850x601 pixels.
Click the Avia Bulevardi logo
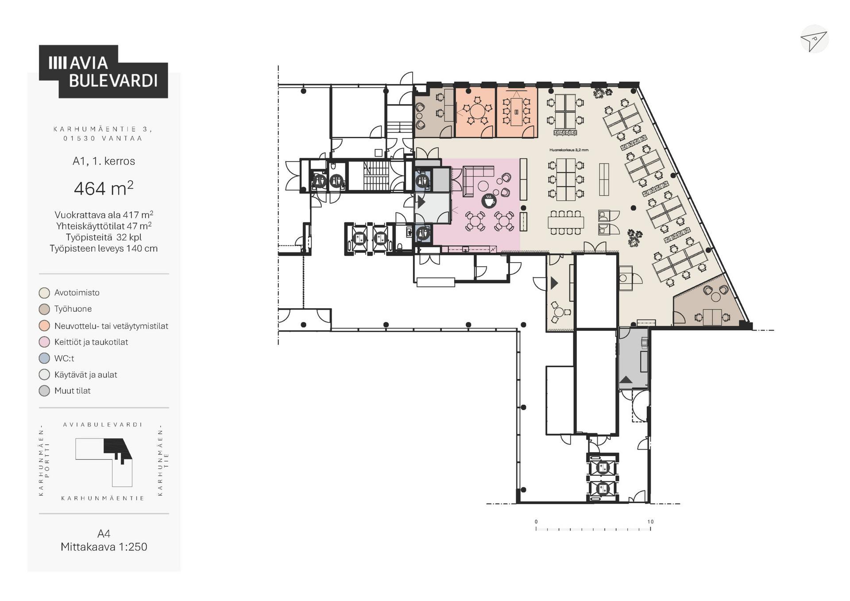tap(103, 71)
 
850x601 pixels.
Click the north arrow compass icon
tap(814, 39)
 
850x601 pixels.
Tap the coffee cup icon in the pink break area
tap(489, 201)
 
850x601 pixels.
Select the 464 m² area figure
tap(104, 188)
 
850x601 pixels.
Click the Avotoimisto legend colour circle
tap(44, 293)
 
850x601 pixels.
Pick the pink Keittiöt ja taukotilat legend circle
tap(44, 342)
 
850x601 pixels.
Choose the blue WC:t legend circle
tap(44, 358)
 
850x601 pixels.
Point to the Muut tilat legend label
tap(73, 391)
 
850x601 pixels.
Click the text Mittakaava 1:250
tap(104, 547)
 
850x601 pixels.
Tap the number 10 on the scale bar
tap(650, 522)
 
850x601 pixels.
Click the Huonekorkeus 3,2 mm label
tap(569, 150)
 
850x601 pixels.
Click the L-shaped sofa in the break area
tap(477, 180)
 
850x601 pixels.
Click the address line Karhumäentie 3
tap(103, 129)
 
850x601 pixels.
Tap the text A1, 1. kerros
tap(104, 161)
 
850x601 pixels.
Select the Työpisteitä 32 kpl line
tap(104, 237)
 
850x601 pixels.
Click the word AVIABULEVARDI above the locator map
tap(103, 424)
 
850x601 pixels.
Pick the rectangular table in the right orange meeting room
tap(517, 112)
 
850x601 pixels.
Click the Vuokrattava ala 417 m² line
tap(104, 215)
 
